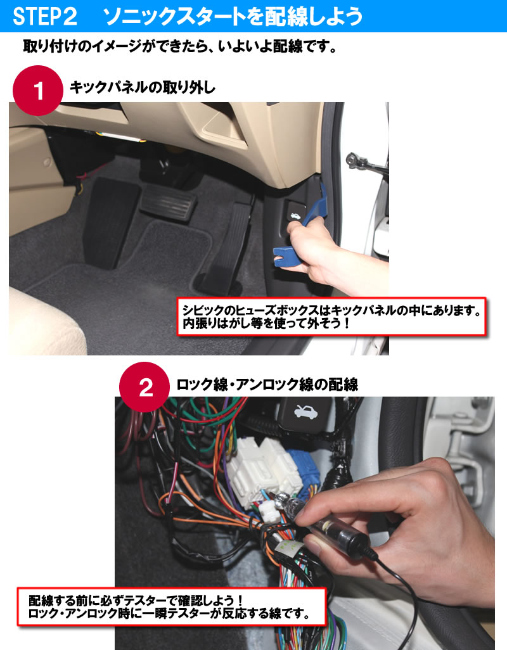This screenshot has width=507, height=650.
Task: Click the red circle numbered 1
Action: (x=38, y=91)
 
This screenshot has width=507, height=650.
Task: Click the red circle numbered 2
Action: (x=144, y=387)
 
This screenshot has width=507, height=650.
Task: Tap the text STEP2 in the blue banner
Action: (x=45, y=16)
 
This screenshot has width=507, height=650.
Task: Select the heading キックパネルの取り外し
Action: (x=143, y=87)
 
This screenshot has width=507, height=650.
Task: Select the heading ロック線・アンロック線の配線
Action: (x=267, y=385)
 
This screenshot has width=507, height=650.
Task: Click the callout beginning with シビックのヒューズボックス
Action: (x=331, y=316)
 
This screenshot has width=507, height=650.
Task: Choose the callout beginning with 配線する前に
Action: (x=171, y=606)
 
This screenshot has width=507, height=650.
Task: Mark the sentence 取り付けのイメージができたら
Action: (x=180, y=46)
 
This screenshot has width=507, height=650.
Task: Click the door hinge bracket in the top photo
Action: (x=367, y=163)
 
